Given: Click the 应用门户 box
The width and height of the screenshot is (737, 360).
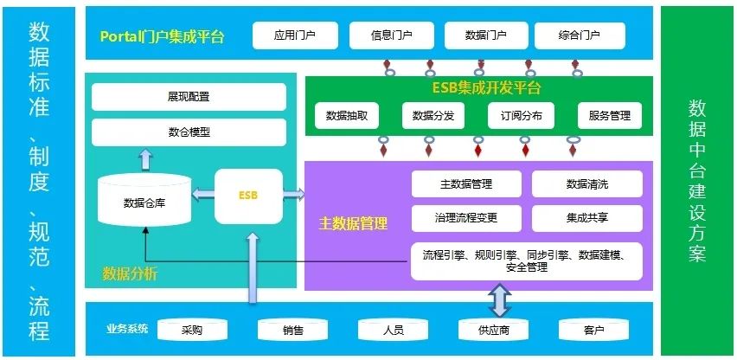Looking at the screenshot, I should tap(295, 36).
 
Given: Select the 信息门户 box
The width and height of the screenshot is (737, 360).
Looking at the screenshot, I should tap(391, 36).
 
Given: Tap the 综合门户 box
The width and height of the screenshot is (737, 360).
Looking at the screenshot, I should tap(580, 36).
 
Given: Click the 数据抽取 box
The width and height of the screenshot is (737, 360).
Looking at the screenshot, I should tap(347, 115).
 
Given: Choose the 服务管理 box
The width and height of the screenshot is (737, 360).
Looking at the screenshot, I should tap(610, 115).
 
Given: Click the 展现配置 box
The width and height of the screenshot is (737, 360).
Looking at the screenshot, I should tap(189, 97).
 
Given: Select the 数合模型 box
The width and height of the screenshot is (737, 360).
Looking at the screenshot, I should tap(189, 132).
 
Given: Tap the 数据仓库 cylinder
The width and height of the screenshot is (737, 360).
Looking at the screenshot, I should tap(144, 203).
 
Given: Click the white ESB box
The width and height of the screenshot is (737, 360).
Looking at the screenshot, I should tap(248, 196).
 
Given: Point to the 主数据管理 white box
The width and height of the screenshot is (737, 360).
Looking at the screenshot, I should tap(466, 184).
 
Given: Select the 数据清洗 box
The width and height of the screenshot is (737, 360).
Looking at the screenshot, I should tap(587, 184).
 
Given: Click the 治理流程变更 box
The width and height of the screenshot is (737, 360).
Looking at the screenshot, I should tap(466, 218).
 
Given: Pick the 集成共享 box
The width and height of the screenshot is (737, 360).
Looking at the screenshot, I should tap(587, 218).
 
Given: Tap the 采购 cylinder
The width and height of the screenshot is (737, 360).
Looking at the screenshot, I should tap(192, 330).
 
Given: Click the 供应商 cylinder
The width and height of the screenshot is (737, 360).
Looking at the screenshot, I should tap(494, 330).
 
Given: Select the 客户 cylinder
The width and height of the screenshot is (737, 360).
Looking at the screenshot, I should tap(593, 330).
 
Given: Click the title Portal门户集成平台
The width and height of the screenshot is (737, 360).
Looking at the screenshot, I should tap(163, 36).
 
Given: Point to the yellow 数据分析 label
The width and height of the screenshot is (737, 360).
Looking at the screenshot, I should tap(130, 274).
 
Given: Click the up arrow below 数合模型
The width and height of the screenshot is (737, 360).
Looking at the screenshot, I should tap(145, 158).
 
